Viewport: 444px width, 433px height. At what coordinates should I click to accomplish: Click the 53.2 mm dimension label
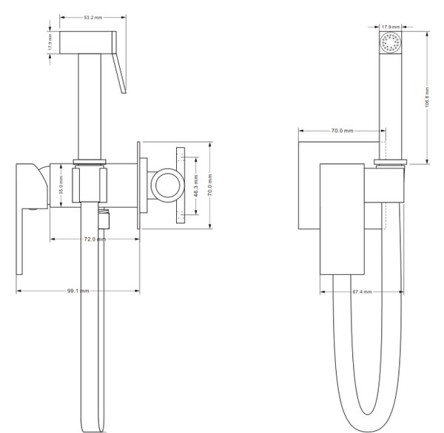pos(93,18)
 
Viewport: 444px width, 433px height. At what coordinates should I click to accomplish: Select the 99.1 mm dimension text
pos(78,290)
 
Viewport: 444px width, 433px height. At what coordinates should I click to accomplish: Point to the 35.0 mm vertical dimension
pos(61,185)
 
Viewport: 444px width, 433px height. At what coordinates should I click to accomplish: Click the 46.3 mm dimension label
pos(196,185)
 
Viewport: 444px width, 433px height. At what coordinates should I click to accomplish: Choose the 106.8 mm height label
pos(427,97)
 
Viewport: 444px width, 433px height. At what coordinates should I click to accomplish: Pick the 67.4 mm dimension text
pos(362,292)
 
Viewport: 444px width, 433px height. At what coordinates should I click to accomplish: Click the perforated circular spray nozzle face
pos(391,42)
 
